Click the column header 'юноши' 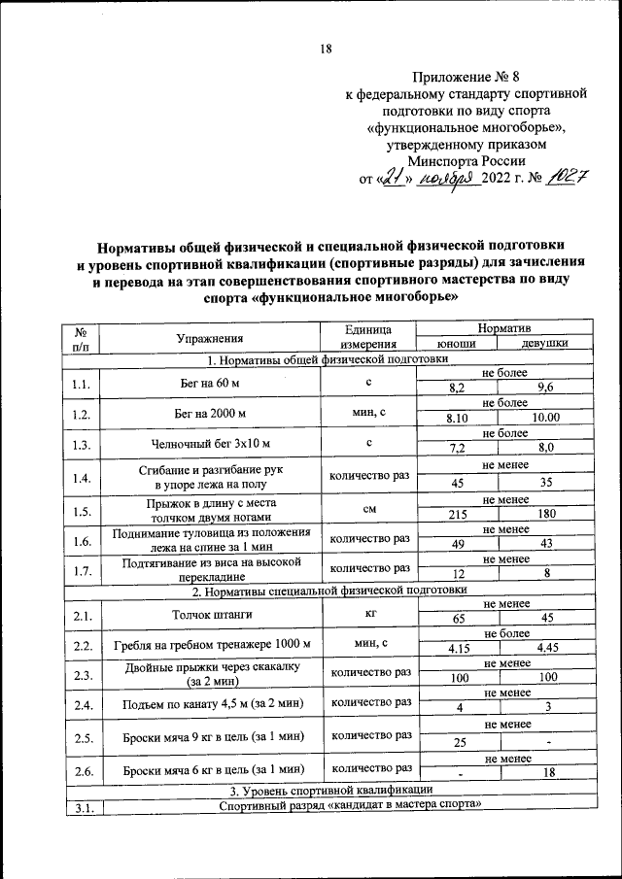tap(456, 345)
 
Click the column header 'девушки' tap(544, 345)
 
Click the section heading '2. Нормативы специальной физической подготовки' tap(329, 590)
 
